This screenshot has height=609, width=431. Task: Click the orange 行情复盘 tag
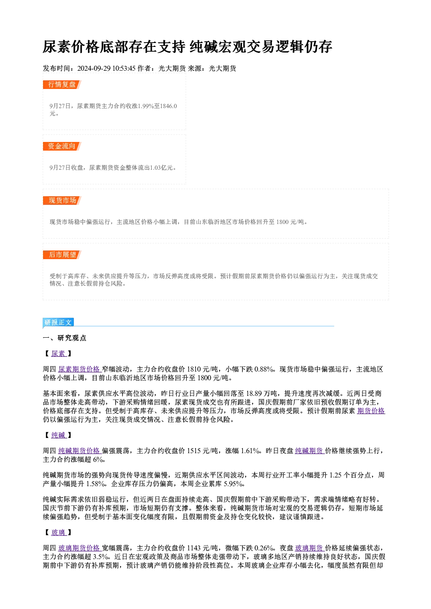[x=62, y=85]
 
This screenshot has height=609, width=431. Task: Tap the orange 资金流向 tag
[x=62, y=146]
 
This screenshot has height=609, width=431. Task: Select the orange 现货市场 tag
[x=62, y=201]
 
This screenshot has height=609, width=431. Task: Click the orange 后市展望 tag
[x=62, y=255]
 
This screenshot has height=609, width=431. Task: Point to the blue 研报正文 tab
[x=58, y=322]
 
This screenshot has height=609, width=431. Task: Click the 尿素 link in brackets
[x=59, y=353]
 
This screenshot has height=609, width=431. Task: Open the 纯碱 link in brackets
[x=59, y=435]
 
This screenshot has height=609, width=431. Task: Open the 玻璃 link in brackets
[x=59, y=532]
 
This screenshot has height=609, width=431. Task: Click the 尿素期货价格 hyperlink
[x=80, y=369]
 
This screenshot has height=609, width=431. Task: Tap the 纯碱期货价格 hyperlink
[x=80, y=451]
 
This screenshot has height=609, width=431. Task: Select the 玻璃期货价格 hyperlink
[x=80, y=548]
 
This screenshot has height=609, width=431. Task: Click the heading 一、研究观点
[x=64, y=338]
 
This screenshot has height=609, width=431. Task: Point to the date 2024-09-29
[x=94, y=68]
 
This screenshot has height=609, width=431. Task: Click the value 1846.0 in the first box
[x=169, y=106]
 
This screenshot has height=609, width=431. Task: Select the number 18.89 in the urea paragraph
[x=254, y=393]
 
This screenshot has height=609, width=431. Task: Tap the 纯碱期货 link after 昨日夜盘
[x=310, y=451]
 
